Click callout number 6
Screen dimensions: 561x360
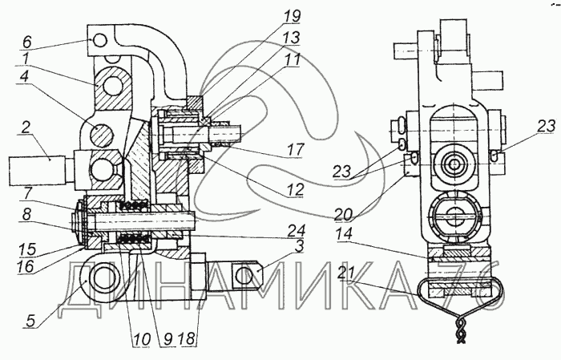pos(27,42)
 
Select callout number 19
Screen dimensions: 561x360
pos(292,16)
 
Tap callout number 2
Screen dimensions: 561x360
pos(25,127)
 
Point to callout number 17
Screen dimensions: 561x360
pos(295,149)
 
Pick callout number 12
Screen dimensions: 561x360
pos(295,189)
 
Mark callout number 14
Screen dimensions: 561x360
pos(344,234)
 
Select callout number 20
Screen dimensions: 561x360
pos(344,215)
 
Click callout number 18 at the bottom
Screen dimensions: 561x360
pos(188,338)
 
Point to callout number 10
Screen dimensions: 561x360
pos(142,339)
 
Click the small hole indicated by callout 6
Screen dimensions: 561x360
pos(100,41)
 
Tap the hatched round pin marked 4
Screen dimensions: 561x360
pos(102,136)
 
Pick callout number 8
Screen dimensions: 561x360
pos(26,215)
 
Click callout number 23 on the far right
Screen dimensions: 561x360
pos(546,126)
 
